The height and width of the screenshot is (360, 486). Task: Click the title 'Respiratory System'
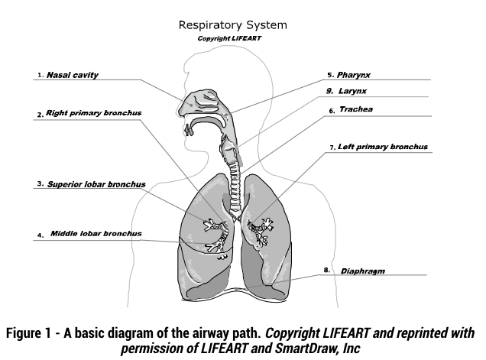233,25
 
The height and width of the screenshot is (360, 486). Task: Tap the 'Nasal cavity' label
73,75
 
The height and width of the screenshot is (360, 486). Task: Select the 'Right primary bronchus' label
93,113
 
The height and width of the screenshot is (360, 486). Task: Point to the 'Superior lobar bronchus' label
96,184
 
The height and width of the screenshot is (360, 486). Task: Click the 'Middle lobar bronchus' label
96,233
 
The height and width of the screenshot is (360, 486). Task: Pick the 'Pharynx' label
354,75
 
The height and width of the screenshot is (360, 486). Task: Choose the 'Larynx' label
352,91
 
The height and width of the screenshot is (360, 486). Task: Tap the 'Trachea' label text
356,109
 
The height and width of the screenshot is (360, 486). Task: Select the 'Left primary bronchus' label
383,147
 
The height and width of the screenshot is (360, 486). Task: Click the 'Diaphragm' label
363,271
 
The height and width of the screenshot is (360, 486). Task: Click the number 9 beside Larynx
329,91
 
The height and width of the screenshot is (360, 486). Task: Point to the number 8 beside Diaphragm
327,270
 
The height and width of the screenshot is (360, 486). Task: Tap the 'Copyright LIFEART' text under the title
229,38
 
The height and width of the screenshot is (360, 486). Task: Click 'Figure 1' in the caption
28,333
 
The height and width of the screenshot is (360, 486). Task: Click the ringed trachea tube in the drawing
235,189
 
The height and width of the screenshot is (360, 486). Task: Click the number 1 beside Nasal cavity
40,75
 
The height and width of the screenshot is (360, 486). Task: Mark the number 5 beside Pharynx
330,75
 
